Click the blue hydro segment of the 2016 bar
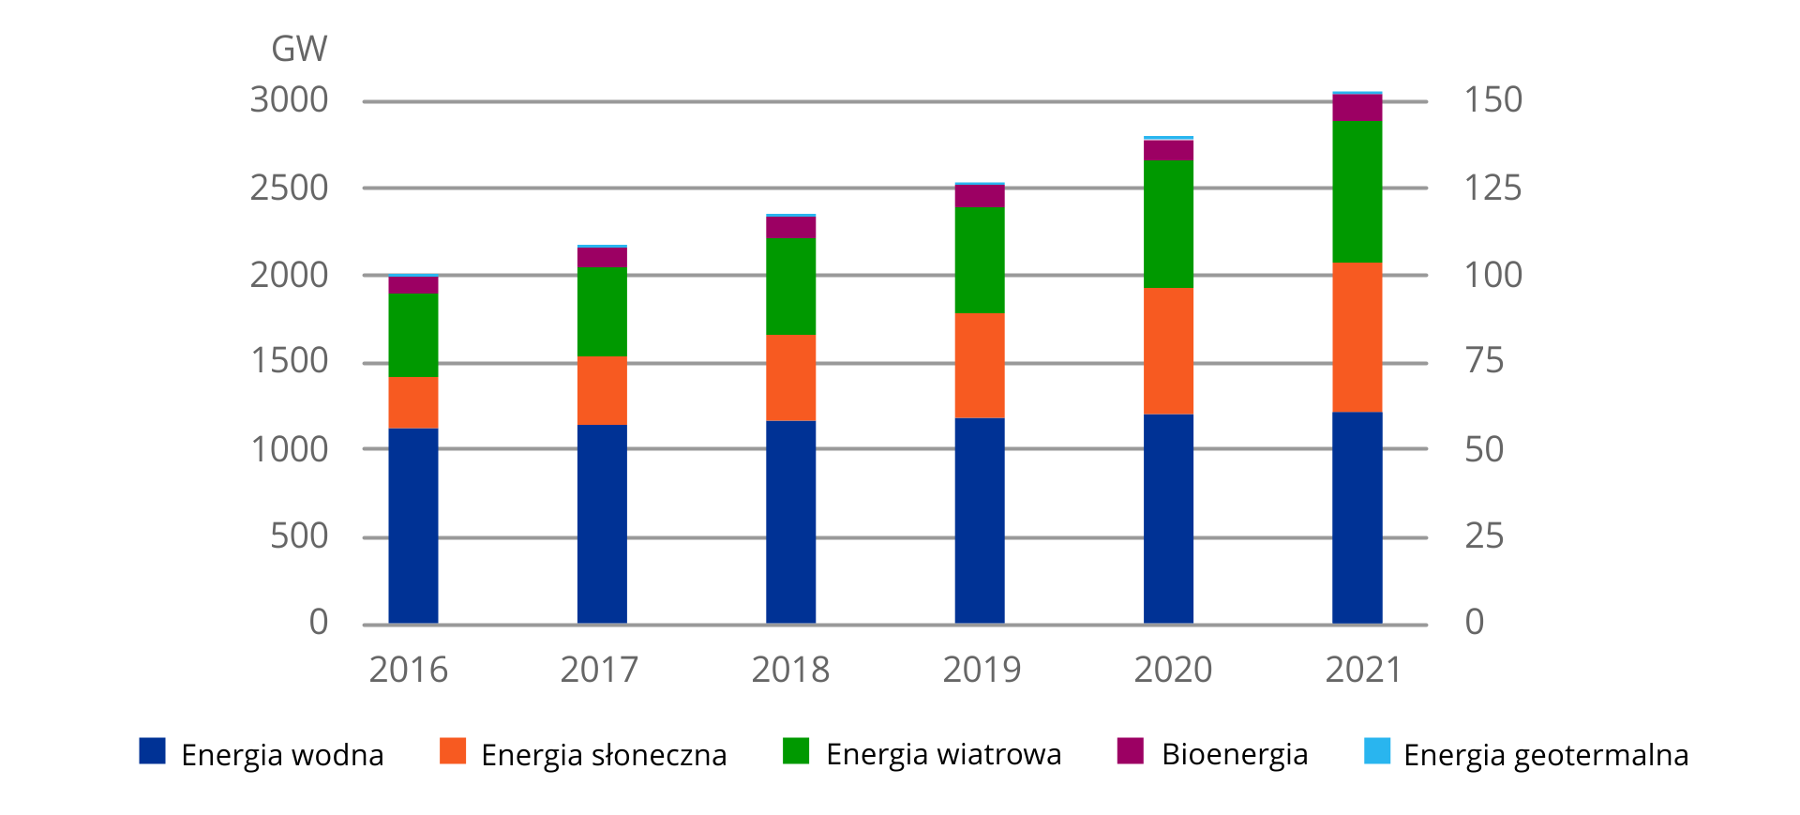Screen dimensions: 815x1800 tap(413, 525)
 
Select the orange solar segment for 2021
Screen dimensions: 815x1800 tap(1357, 337)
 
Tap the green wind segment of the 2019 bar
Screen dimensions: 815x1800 tap(980, 260)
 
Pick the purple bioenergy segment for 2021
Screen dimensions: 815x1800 tap(1357, 108)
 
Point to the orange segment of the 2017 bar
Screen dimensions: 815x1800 tap(602, 390)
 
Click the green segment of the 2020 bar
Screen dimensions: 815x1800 tap(1168, 224)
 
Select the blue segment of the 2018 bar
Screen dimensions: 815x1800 tap(790, 521)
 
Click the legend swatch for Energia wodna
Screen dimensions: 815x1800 tap(152, 751)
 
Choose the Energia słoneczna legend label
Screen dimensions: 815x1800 tap(603, 755)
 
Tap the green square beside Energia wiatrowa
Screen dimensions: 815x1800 tap(796, 751)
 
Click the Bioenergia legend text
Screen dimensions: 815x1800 tap(1234, 754)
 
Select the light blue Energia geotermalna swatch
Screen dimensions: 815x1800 tap(1377, 751)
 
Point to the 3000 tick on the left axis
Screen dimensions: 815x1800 tap(289, 100)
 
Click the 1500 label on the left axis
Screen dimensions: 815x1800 tap(289, 361)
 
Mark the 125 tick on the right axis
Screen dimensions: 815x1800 tap(1492, 189)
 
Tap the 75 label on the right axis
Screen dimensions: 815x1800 tap(1484, 361)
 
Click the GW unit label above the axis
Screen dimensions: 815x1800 tap(299, 49)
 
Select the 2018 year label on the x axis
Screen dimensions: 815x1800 tap(790, 670)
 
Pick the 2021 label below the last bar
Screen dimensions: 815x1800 tap(1363, 670)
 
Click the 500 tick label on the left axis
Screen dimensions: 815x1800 tap(299, 536)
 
